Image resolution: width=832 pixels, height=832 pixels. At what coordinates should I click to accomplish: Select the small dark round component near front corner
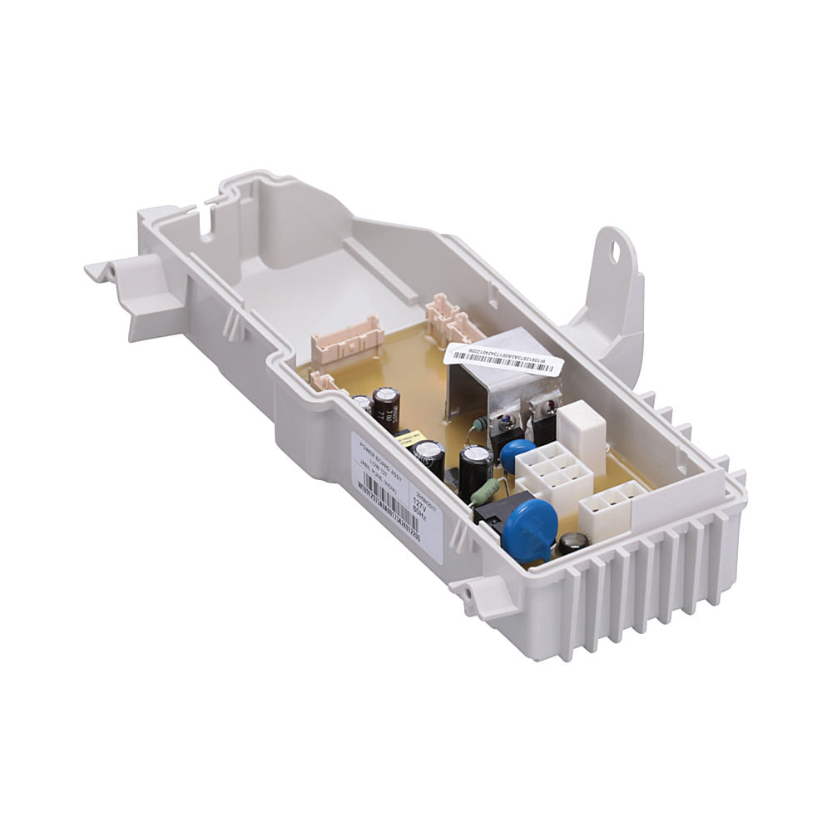[572, 544]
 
